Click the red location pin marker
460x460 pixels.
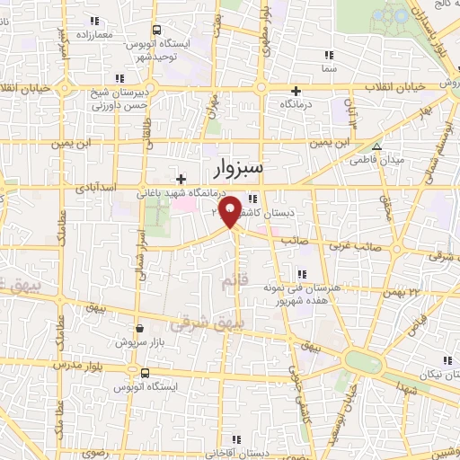click(x=232, y=209)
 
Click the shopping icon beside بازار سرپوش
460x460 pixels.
click(x=138, y=329)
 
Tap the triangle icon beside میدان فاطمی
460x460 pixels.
click(x=377, y=147)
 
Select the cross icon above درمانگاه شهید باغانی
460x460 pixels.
click(x=182, y=179)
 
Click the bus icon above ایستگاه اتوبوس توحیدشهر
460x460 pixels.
click(x=158, y=30)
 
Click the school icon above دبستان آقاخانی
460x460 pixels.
click(x=240, y=438)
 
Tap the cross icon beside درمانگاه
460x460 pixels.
click(x=296, y=91)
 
